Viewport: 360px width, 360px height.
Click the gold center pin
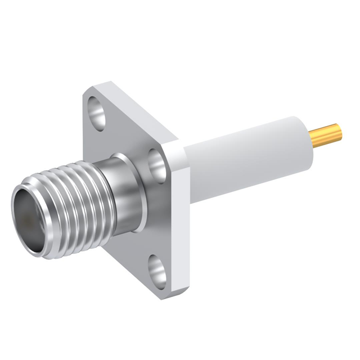click(x=326, y=134)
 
